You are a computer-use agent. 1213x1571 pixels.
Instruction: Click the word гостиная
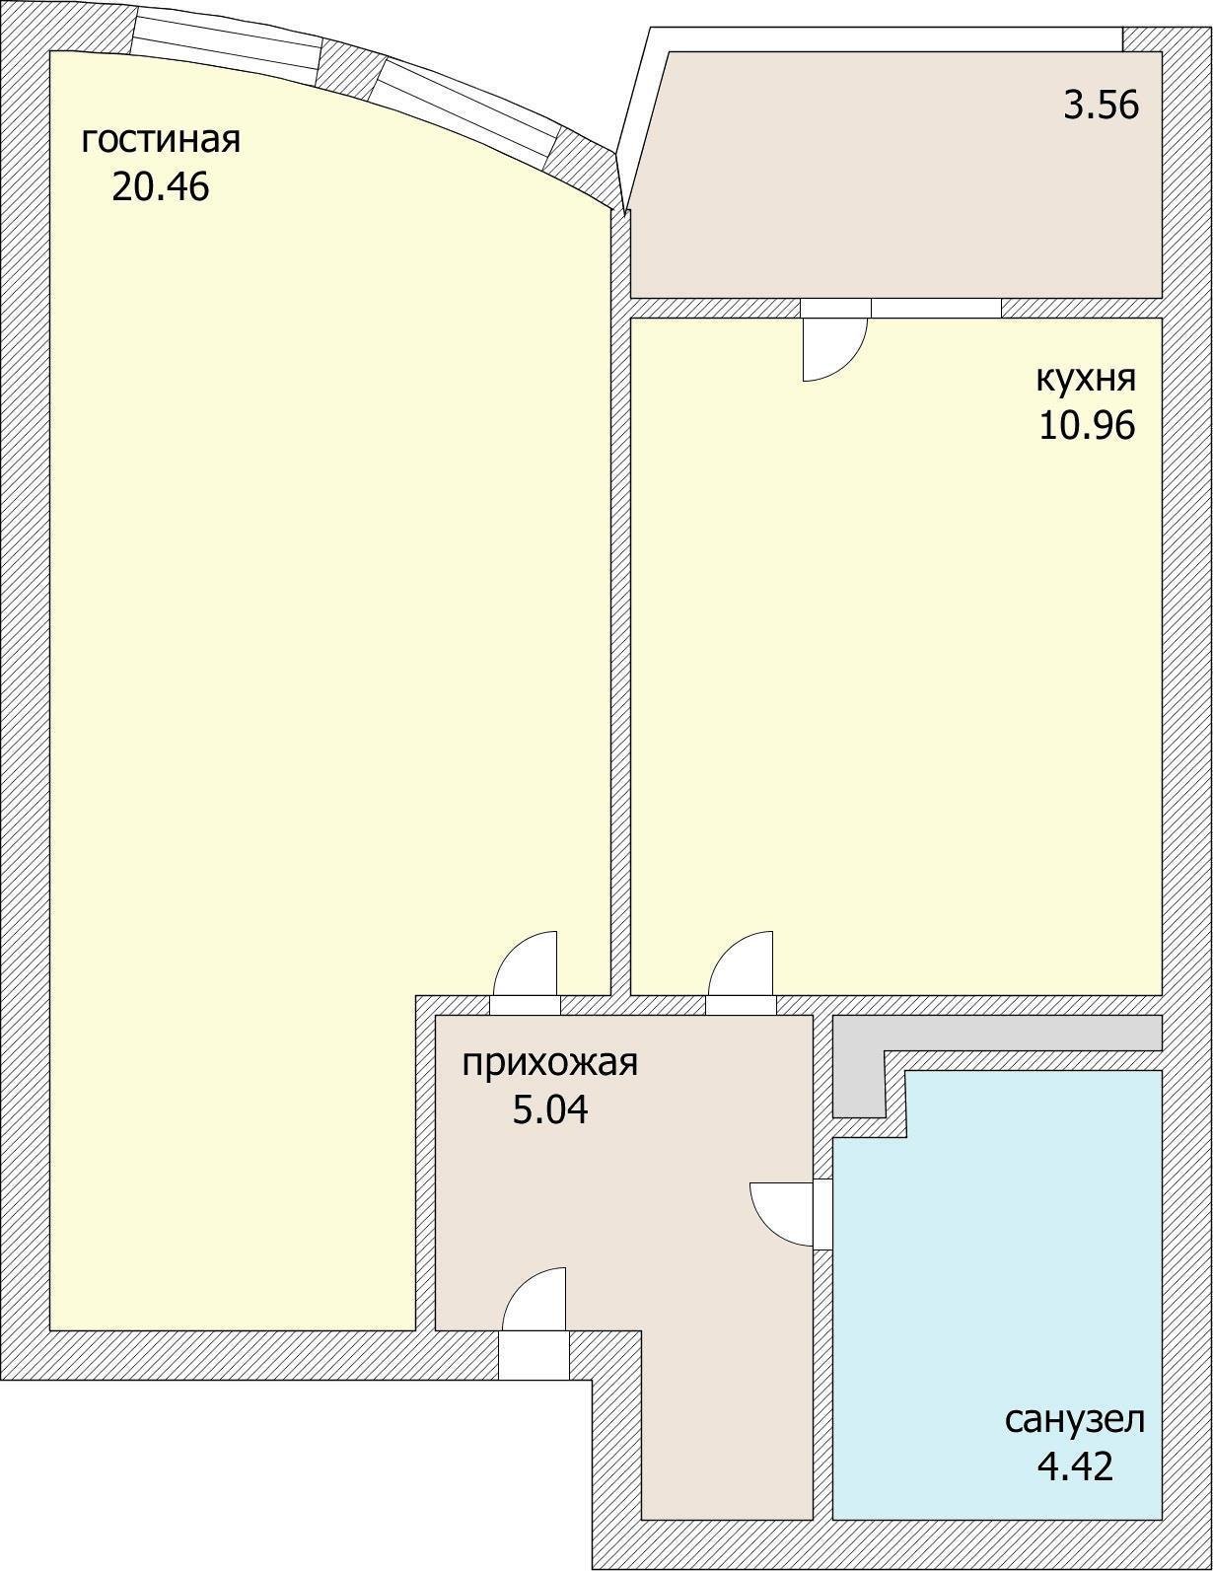pyautogui.click(x=161, y=140)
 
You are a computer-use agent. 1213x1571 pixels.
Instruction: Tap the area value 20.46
pyautogui.click(x=161, y=186)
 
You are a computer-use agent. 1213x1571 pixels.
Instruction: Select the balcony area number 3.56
pyautogui.click(x=1101, y=105)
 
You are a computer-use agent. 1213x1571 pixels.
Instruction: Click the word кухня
pyautogui.click(x=1086, y=378)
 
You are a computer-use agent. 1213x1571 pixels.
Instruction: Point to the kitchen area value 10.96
pyautogui.click(x=1086, y=425)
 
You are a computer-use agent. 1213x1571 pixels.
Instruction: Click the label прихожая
pyautogui.click(x=550, y=1063)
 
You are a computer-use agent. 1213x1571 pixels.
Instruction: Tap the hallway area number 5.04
pyautogui.click(x=550, y=1110)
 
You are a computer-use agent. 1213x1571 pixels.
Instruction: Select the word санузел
pyautogui.click(x=1075, y=1420)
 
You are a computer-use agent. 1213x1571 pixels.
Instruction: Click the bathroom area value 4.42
pyautogui.click(x=1075, y=1466)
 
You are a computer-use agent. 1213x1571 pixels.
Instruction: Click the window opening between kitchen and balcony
pyautogui.click(x=936, y=308)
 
